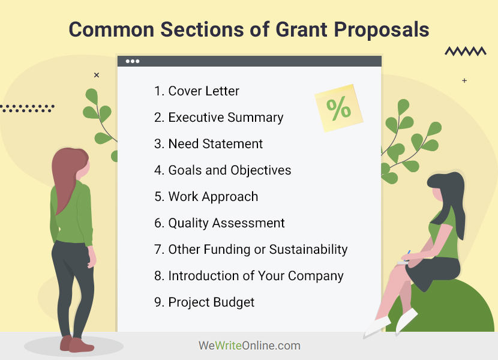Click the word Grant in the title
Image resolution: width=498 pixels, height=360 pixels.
(302, 29)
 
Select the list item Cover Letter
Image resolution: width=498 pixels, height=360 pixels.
(197, 91)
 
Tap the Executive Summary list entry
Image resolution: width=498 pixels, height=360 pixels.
(218, 118)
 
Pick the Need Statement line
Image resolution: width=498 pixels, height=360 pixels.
(208, 143)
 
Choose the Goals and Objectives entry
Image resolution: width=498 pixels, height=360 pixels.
(223, 170)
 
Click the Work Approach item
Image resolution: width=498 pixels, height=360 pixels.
(206, 197)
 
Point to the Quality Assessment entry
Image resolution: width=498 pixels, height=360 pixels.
(220, 223)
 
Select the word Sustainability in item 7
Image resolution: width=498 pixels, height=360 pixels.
(308, 250)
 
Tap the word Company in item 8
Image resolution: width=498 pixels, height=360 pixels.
(316, 276)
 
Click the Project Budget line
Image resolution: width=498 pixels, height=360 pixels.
(204, 302)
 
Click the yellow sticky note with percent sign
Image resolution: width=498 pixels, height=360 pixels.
(339, 108)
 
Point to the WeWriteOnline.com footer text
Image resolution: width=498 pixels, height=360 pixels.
(250, 346)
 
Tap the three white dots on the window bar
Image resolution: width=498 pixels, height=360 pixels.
(133, 61)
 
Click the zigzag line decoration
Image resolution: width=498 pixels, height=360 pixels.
(466, 51)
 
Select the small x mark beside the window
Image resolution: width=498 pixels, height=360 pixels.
(97, 75)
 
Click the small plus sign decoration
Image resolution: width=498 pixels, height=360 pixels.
(464, 81)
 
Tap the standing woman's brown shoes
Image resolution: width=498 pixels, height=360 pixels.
(77, 344)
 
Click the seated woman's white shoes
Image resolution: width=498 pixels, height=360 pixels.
(391, 323)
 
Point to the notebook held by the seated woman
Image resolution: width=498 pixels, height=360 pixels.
(403, 262)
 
